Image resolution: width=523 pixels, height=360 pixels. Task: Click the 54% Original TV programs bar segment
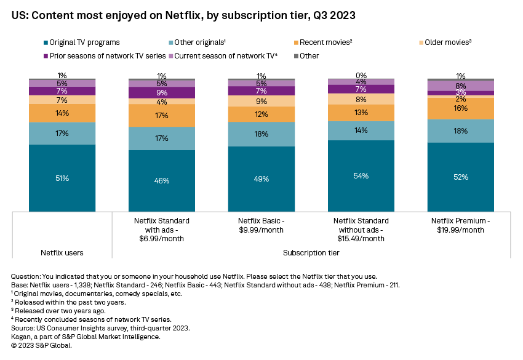click(x=361, y=176)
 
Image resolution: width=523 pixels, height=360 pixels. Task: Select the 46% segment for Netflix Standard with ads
click(x=162, y=181)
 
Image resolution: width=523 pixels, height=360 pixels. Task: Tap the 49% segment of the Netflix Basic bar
click(x=261, y=179)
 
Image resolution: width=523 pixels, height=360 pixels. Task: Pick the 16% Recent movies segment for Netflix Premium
click(x=461, y=108)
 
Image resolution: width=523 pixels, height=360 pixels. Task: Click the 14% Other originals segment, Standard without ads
click(x=361, y=130)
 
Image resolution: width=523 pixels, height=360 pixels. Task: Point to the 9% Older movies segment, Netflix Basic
click(x=261, y=101)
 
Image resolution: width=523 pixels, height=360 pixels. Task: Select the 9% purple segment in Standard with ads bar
click(x=162, y=93)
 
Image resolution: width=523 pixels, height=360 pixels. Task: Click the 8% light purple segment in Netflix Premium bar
click(x=461, y=86)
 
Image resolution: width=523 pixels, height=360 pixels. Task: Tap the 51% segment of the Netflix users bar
click(x=62, y=178)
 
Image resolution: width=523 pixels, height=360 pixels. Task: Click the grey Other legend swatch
click(x=295, y=56)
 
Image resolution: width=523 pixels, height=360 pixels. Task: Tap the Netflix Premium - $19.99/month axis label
click(x=461, y=225)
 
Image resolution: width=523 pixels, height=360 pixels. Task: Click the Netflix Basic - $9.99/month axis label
click(x=261, y=225)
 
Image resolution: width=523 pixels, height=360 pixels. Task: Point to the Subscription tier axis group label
click(x=311, y=253)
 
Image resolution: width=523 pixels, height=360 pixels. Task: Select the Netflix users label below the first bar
click(x=62, y=253)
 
